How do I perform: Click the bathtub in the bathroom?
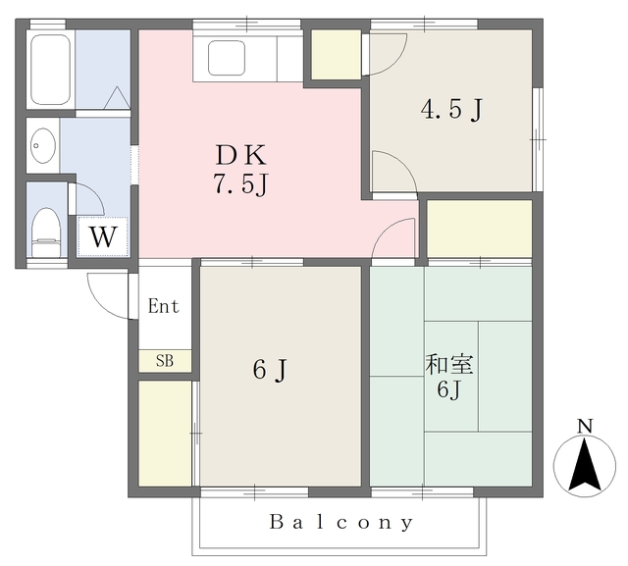pyautogui.click(x=50, y=69)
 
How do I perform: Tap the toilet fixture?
pyautogui.click(x=46, y=232)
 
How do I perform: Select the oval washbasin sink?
pyautogui.click(x=43, y=145)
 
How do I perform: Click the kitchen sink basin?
pyautogui.click(x=227, y=58)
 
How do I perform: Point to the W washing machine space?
pyautogui.click(x=103, y=236)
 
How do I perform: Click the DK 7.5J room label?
pyautogui.click(x=240, y=170)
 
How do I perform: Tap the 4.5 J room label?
pyautogui.click(x=451, y=109)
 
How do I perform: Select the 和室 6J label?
pyautogui.click(x=449, y=377)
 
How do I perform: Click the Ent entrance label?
pyautogui.click(x=164, y=306)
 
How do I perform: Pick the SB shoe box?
pyautogui.click(x=165, y=361)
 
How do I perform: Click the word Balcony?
pyautogui.click(x=341, y=522)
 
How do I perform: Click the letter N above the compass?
pyautogui.click(x=585, y=426)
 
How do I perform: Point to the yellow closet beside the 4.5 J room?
pyautogui.click(x=337, y=54)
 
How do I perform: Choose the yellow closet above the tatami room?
pyautogui.click(x=479, y=229)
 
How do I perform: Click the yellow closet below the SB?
pyautogui.click(x=165, y=434)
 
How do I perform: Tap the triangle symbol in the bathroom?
pyautogui.click(x=117, y=97)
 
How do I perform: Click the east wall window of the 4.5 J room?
pyautogui.click(x=538, y=139)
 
